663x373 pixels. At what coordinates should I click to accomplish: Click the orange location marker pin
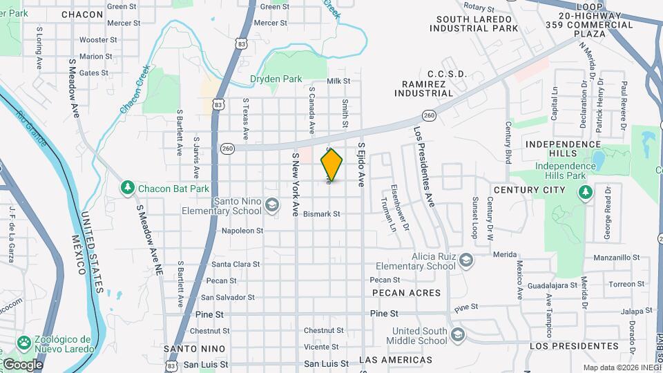point(332,164)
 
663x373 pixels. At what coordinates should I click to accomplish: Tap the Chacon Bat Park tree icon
point(127,188)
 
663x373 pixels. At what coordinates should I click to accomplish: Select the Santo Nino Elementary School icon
point(272,205)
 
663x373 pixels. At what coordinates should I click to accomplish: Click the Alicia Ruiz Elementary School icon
point(465,260)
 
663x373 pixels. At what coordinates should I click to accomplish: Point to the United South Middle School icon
point(457,336)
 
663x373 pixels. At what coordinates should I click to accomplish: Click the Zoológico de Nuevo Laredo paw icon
point(24,342)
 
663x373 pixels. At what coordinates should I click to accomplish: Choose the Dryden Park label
point(274,79)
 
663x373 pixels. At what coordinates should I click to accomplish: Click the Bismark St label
point(322,214)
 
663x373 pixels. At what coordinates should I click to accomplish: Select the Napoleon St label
point(242,231)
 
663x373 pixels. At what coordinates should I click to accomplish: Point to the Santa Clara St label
point(236,264)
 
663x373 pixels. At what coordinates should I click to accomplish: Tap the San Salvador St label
point(227,297)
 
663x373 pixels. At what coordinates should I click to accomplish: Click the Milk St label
point(338,81)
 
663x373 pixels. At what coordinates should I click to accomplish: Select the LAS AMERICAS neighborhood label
point(396,360)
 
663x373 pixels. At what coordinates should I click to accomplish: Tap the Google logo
point(22,363)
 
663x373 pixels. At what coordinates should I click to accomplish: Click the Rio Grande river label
point(31,128)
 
